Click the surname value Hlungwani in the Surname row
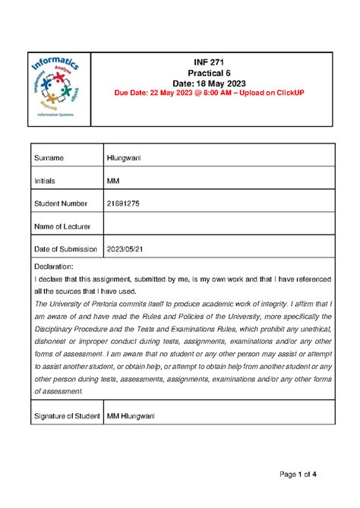pyautogui.click(x=128, y=158)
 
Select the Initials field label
pyautogui.click(x=47, y=181)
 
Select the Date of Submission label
pyautogui.click(x=66, y=249)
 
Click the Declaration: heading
pyautogui.click(x=54, y=267)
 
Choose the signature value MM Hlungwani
pyautogui.click(x=137, y=415)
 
